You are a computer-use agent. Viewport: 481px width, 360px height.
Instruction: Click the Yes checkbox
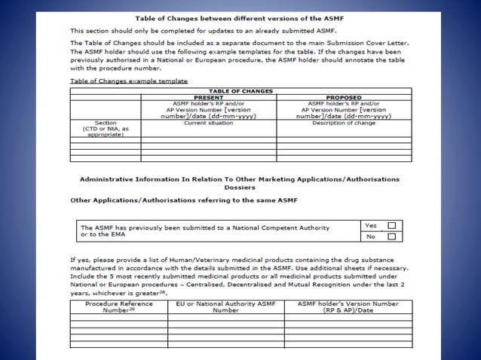(x=391, y=225)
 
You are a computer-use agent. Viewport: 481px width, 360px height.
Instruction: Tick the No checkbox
(x=391, y=236)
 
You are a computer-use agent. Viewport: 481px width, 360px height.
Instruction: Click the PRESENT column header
(x=209, y=97)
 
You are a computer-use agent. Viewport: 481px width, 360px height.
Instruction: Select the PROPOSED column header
(x=345, y=97)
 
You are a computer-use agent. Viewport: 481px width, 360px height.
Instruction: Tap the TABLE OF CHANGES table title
(x=240, y=91)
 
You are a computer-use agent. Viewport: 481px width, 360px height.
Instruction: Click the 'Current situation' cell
(x=209, y=123)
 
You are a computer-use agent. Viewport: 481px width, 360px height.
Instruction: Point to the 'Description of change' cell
(x=345, y=123)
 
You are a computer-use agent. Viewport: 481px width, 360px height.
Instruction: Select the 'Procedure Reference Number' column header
(x=118, y=307)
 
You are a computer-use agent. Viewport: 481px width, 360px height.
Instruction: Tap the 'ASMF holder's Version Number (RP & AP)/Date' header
(x=348, y=307)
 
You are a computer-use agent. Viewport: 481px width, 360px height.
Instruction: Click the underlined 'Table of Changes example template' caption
(x=128, y=80)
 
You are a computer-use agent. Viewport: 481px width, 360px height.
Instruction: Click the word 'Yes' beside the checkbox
(x=370, y=225)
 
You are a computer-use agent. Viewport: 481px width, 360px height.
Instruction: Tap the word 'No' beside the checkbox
(x=369, y=236)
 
